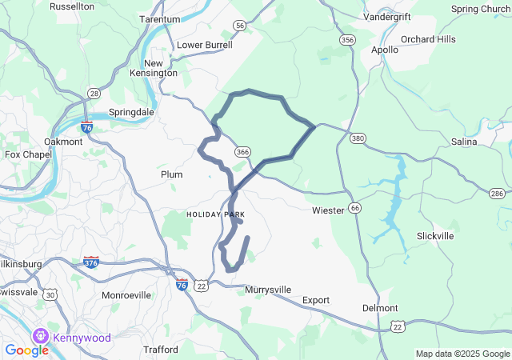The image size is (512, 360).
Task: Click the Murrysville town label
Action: [268, 289]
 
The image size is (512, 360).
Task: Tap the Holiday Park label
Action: [215, 214]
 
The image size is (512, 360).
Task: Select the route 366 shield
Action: [243, 152]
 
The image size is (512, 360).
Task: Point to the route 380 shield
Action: [358, 138]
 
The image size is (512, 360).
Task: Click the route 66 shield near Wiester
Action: [354, 208]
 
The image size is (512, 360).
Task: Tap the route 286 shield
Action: [497, 194]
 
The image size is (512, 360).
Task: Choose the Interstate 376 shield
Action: [91, 262]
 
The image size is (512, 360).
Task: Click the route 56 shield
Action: [240, 26]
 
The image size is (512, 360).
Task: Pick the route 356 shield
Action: [346, 40]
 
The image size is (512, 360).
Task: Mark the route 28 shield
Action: [94, 94]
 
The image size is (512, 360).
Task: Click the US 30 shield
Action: [50, 295]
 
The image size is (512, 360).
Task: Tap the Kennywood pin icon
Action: [40, 336]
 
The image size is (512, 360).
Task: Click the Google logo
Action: [26, 350]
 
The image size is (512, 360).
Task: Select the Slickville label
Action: [436, 236]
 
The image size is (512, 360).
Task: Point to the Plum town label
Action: [172, 174]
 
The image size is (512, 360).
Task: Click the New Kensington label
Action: [160, 68]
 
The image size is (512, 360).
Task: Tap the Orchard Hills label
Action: [428, 39]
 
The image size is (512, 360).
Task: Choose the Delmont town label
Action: [380, 308]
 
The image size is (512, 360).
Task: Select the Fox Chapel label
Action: [23, 154]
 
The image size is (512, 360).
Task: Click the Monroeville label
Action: [126, 295]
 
